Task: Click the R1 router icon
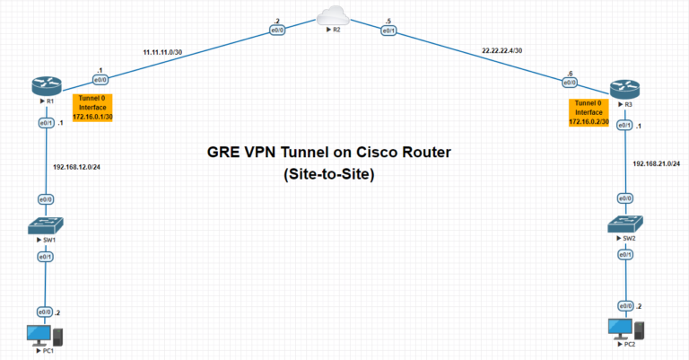[44, 86]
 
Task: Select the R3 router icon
[625, 90]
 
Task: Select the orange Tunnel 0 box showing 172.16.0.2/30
[589, 112]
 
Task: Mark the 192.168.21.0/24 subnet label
[656, 164]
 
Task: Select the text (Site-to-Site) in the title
[328, 175]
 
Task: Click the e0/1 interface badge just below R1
[44, 122]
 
